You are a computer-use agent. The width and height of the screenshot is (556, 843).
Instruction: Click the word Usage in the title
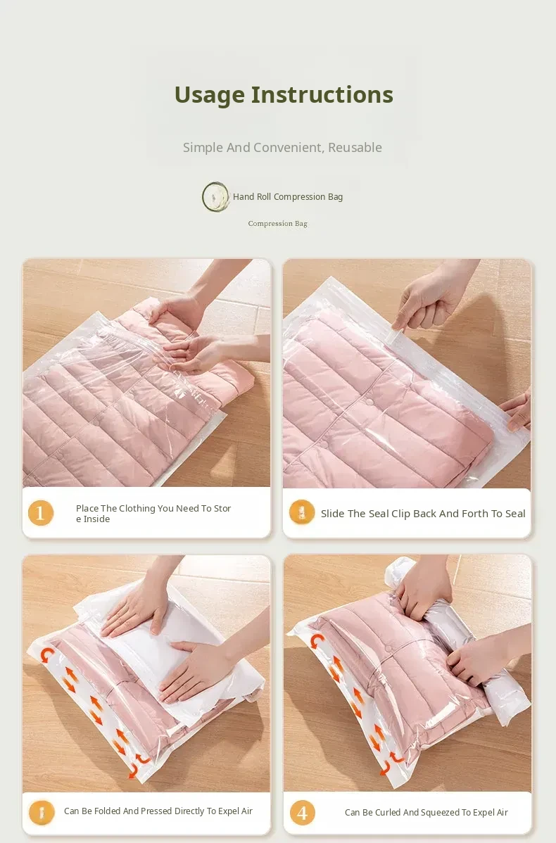[x=210, y=96]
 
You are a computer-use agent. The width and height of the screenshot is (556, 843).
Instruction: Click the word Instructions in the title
[x=322, y=94]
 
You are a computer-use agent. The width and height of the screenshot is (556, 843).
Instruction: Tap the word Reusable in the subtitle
[x=355, y=147]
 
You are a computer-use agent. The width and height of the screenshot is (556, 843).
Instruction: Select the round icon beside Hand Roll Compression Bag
[x=215, y=197]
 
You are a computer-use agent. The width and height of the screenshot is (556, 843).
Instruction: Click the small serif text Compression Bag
[x=277, y=224]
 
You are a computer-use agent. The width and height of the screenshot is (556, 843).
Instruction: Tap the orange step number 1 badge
[x=41, y=513]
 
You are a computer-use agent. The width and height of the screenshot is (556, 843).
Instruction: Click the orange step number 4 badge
[x=302, y=813]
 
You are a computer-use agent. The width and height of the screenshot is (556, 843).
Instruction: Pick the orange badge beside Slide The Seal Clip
[x=302, y=512]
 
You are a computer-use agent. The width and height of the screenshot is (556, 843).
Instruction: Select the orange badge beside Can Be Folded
[x=42, y=812]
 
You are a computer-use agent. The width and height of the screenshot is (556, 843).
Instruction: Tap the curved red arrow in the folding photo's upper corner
[x=47, y=655]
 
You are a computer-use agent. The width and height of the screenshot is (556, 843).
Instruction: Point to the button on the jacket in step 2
[x=369, y=402]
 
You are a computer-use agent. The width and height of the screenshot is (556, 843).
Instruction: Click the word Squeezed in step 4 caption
[x=440, y=813]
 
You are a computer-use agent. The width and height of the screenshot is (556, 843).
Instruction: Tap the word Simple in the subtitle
[x=203, y=148]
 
